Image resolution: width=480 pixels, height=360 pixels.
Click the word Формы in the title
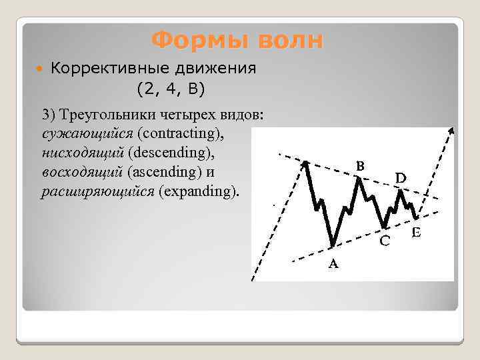(x=193, y=41)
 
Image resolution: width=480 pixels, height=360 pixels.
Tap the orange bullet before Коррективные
(x=41, y=69)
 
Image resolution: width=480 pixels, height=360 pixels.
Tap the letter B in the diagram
(x=359, y=165)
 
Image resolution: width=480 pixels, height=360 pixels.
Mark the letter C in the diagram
(x=385, y=241)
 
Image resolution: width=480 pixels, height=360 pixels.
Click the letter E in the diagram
(x=416, y=233)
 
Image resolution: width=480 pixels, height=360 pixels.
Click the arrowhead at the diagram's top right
(x=453, y=131)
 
